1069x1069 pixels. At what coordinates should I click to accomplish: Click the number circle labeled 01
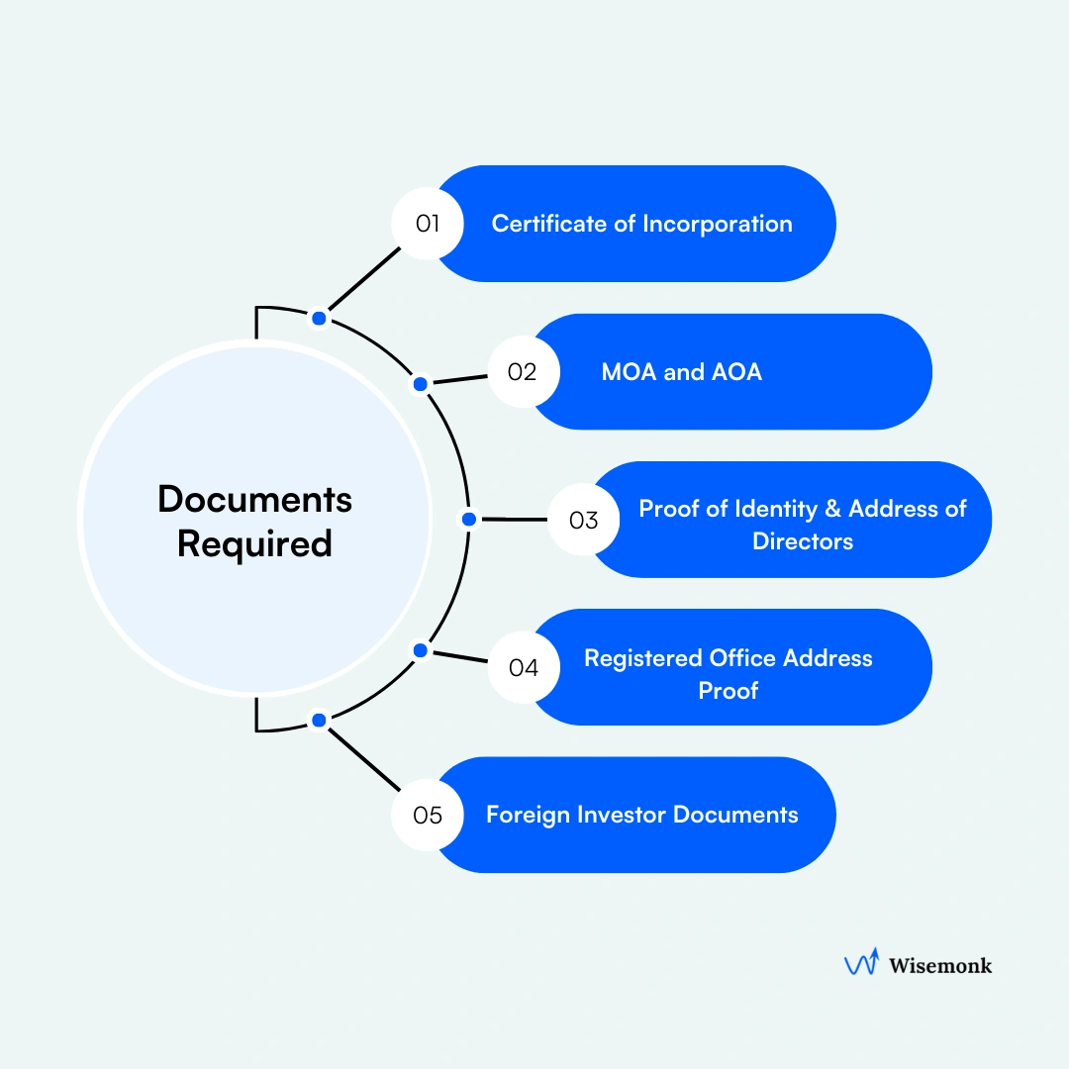[427, 224]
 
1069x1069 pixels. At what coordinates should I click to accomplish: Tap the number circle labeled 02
[524, 372]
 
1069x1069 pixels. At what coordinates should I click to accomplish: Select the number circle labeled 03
[583, 520]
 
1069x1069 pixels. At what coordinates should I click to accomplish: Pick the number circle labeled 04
[524, 668]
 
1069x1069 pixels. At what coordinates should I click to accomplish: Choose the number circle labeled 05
[427, 816]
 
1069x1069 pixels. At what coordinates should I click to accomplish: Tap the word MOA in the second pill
[627, 372]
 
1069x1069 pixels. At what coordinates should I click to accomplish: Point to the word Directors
[803, 541]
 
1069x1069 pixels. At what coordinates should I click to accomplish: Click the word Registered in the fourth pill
[643, 658]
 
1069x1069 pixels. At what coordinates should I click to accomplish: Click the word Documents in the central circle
[254, 500]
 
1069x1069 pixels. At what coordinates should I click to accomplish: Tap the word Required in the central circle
[254, 543]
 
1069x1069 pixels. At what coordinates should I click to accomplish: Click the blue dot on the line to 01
[319, 318]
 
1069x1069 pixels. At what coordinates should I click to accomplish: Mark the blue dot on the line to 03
[469, 519]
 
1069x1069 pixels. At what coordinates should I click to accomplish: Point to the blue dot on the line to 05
[319, 721]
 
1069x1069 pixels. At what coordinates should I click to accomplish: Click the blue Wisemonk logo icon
[860, 964]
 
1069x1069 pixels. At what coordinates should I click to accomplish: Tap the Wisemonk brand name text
[939, 964]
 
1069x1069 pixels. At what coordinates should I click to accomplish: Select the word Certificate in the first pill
[549, 224]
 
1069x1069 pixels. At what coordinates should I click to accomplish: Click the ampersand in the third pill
[832, 509]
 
